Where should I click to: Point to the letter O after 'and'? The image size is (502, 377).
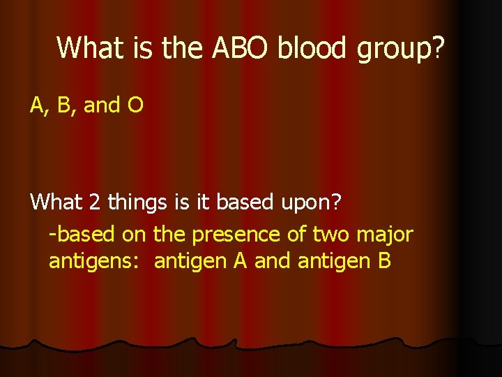(135, 105)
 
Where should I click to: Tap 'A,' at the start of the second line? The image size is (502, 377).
(39, 106)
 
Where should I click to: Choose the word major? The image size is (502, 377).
(388, 234)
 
